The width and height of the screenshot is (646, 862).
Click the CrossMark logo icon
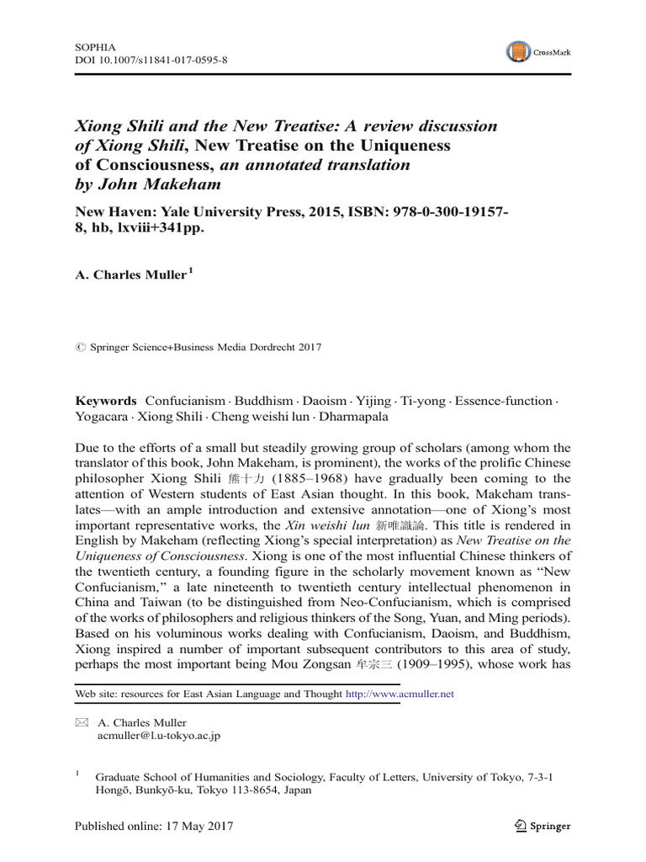coord(519,52)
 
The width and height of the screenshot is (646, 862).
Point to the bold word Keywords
coord(105,402)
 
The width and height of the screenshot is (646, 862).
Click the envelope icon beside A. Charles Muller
coord(82,722)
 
